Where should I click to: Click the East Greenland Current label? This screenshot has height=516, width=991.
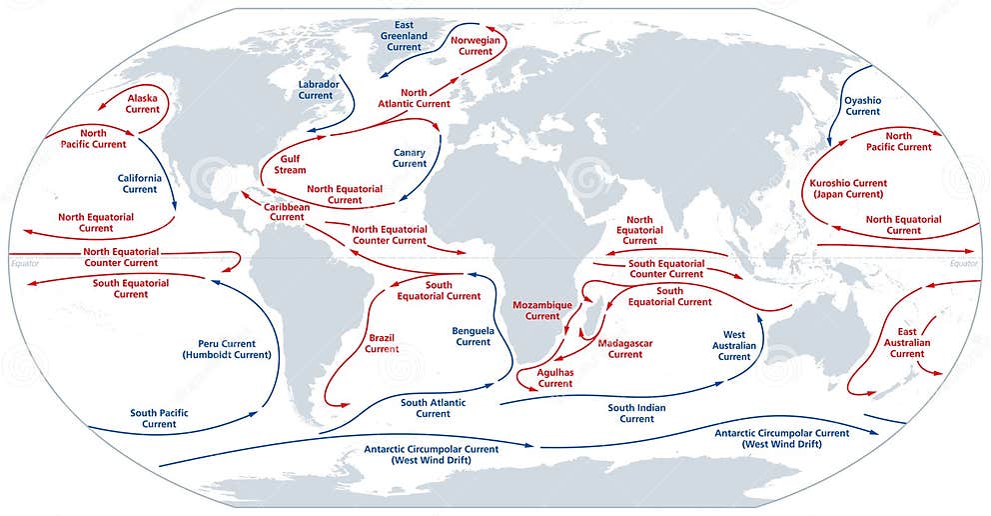point(404,35)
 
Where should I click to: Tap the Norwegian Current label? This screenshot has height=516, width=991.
point(476,45)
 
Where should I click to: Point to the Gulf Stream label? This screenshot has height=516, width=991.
point(291,164)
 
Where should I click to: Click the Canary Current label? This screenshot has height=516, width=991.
point(410,158)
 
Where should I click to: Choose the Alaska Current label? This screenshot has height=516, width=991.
point(143,103)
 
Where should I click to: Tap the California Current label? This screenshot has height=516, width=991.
point(140,184)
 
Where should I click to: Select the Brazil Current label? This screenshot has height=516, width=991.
point(382,343)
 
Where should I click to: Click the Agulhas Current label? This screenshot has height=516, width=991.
point(555,377)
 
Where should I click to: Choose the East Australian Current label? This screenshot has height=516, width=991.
point(907,343)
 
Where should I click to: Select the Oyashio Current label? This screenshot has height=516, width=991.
point(863,106)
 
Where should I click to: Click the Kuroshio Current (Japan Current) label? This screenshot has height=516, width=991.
point(848,189)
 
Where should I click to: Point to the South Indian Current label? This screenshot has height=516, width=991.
point(636,413)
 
